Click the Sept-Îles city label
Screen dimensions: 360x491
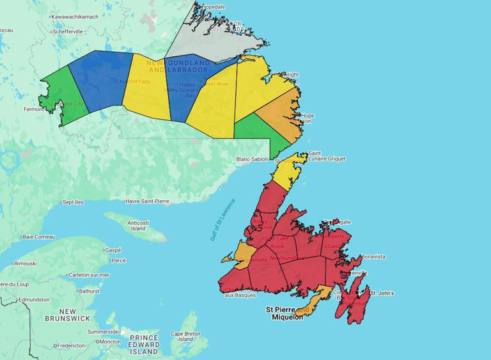click(73, 202)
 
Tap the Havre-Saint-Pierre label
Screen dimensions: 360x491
click(147, 201)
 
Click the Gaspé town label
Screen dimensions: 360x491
click(113, 250)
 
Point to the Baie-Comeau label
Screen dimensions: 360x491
click(38, 237)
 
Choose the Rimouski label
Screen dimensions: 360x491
click(25, 263)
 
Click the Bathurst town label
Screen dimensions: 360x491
click(89, 291)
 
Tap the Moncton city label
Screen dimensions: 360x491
click(110, 341)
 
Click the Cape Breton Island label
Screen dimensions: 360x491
click(185, 336)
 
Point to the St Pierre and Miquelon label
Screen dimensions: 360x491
click(287, 313)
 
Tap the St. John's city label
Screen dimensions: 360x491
click(382, 293)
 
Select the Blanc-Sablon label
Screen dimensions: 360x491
click(251, 159)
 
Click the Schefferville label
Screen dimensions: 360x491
click(68, 31)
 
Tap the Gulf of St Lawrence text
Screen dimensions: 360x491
click(223, 219)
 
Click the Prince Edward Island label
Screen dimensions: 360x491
click(144, 344)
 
